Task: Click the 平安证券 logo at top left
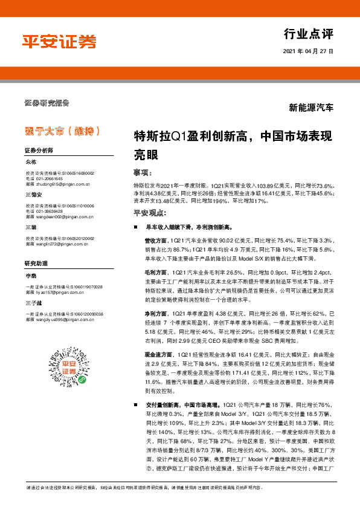pyautogui.click(x=60, y=42)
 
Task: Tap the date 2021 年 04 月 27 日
pyautogui.click(x=308, y=51)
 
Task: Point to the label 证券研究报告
pyautogui.click(x=47, y=102)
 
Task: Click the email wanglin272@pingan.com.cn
pyautogui.click(x=58, y=245)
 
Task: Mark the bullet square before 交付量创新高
pyautogui.click(x=138, y=404)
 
